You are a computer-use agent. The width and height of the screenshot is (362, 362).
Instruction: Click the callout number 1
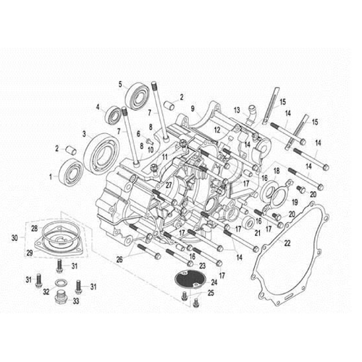click(51, 176)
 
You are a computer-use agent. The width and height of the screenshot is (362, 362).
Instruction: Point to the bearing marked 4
click(115, 114)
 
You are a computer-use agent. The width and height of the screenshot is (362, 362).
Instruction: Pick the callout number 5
click(121, 84)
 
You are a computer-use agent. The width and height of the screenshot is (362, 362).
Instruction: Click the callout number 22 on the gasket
click(287, 244)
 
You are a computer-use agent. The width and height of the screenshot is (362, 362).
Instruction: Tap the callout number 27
click(169, 185)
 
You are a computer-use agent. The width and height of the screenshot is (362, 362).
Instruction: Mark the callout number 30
click(14, 237)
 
